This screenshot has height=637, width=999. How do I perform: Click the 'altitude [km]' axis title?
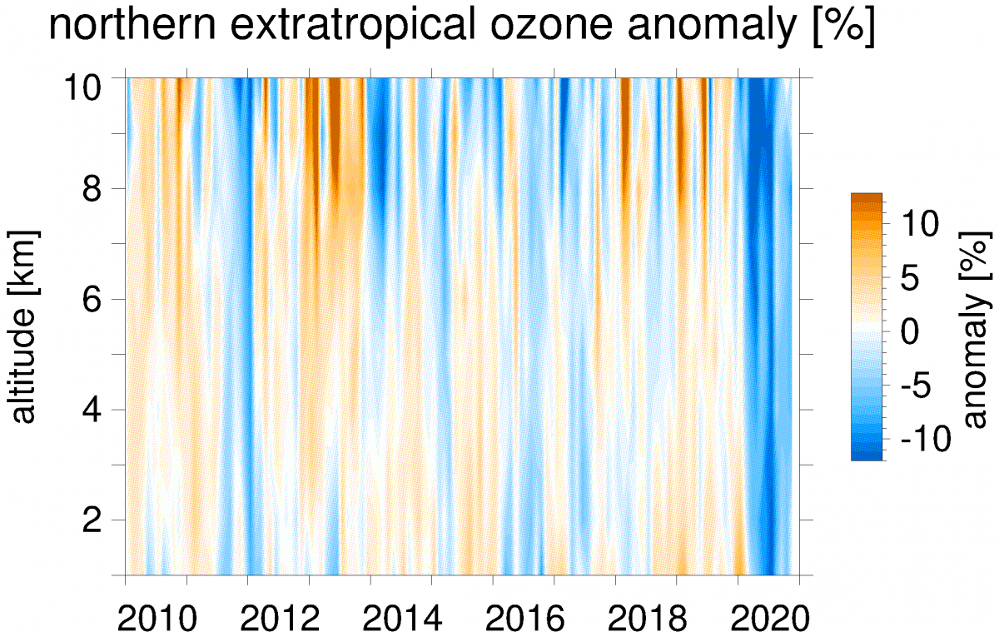pyautogui.click(x=26, y=326)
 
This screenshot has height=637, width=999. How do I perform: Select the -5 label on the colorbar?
pyautogui.click(x=917, y=386)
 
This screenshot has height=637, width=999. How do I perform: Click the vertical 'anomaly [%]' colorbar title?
pyautogui.click(x=975, y=326)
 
